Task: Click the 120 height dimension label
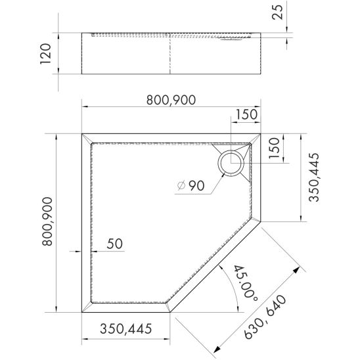click(x=45, y=54)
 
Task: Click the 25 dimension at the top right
click(x=278, y=12)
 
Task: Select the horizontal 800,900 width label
click(x=171, y=100)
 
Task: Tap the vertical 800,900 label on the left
click(x=47, y=221)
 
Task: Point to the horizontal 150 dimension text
click(x=246, y=114)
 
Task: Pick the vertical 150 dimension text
click(x=274, y=148)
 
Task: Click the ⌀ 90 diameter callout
click(x=191, y=185)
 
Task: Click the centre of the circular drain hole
click(x=231, y=163)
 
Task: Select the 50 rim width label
click(x=114, y=244)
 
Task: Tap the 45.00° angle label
click(x=246, y=283)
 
